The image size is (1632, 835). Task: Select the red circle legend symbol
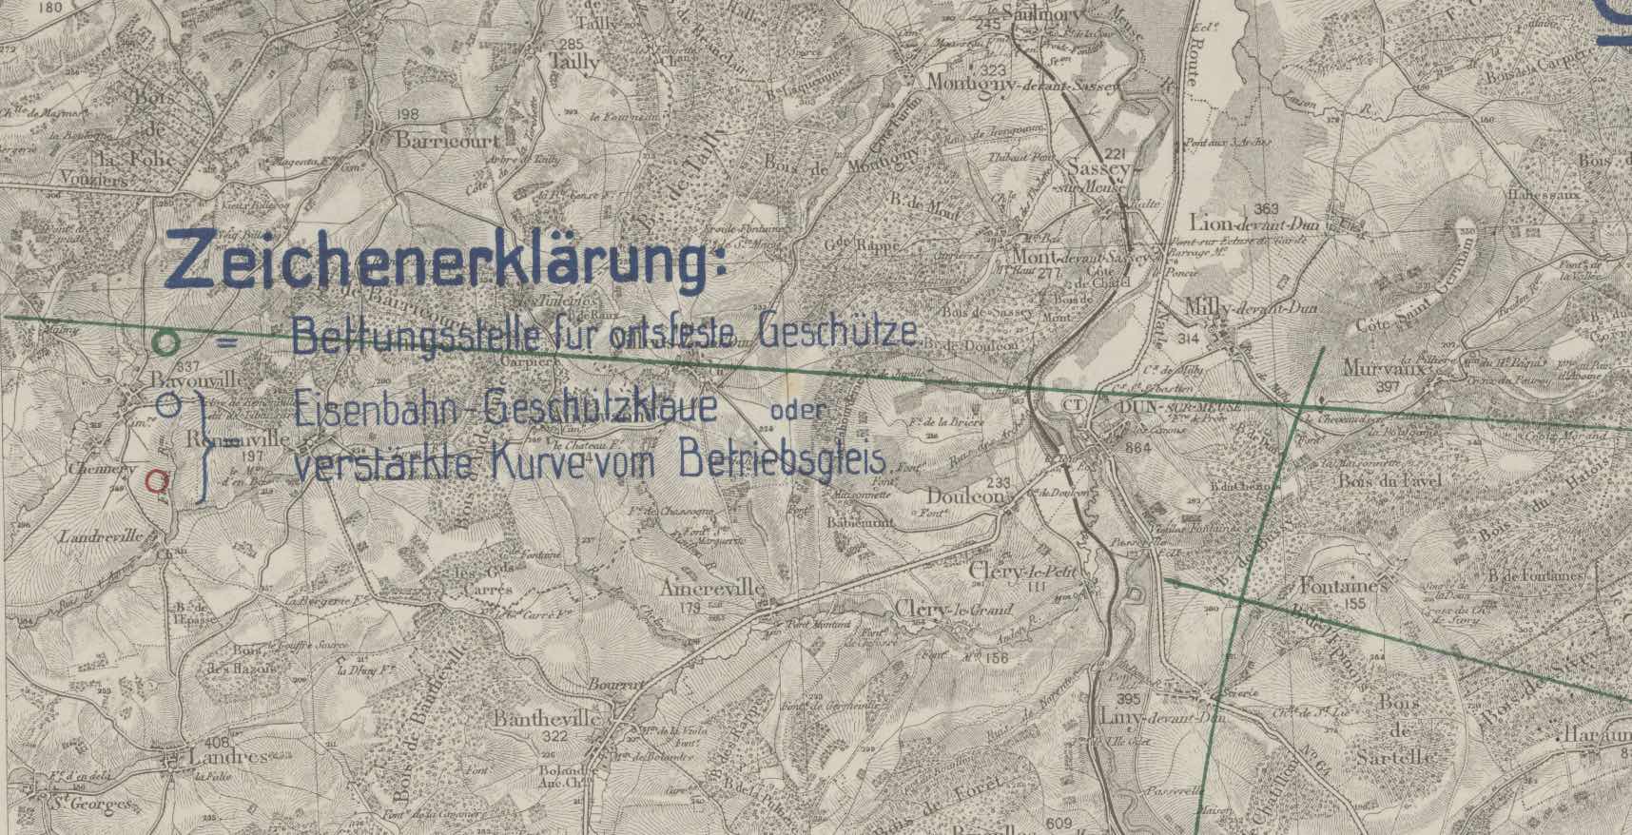click(159, 481)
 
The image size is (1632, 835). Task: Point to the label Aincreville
click(714, 588)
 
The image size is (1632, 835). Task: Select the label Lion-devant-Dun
click(1248, 225)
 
